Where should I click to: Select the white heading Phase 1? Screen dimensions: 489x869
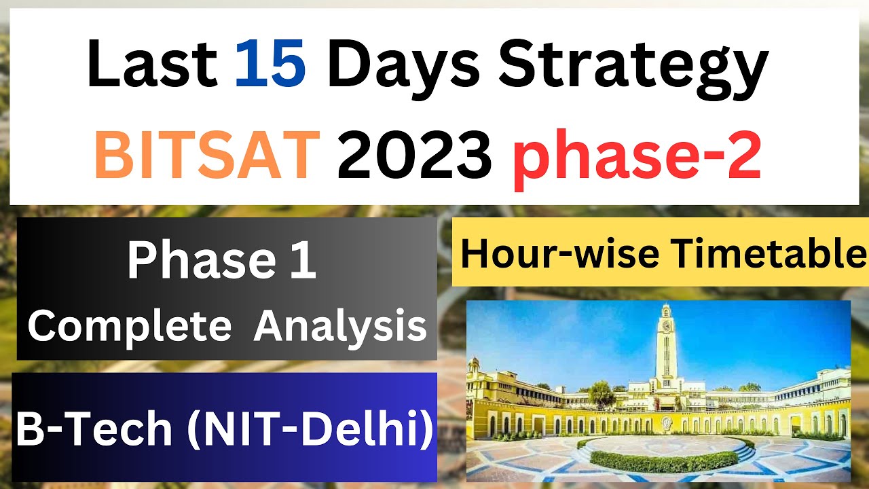click(x=221, y=261)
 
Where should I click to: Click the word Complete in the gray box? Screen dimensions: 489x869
click(x=129, y=326)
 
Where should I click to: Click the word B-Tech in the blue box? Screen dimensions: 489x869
click(x=94, y=429)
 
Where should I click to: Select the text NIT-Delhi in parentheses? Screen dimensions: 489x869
click(x=310, y=429)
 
